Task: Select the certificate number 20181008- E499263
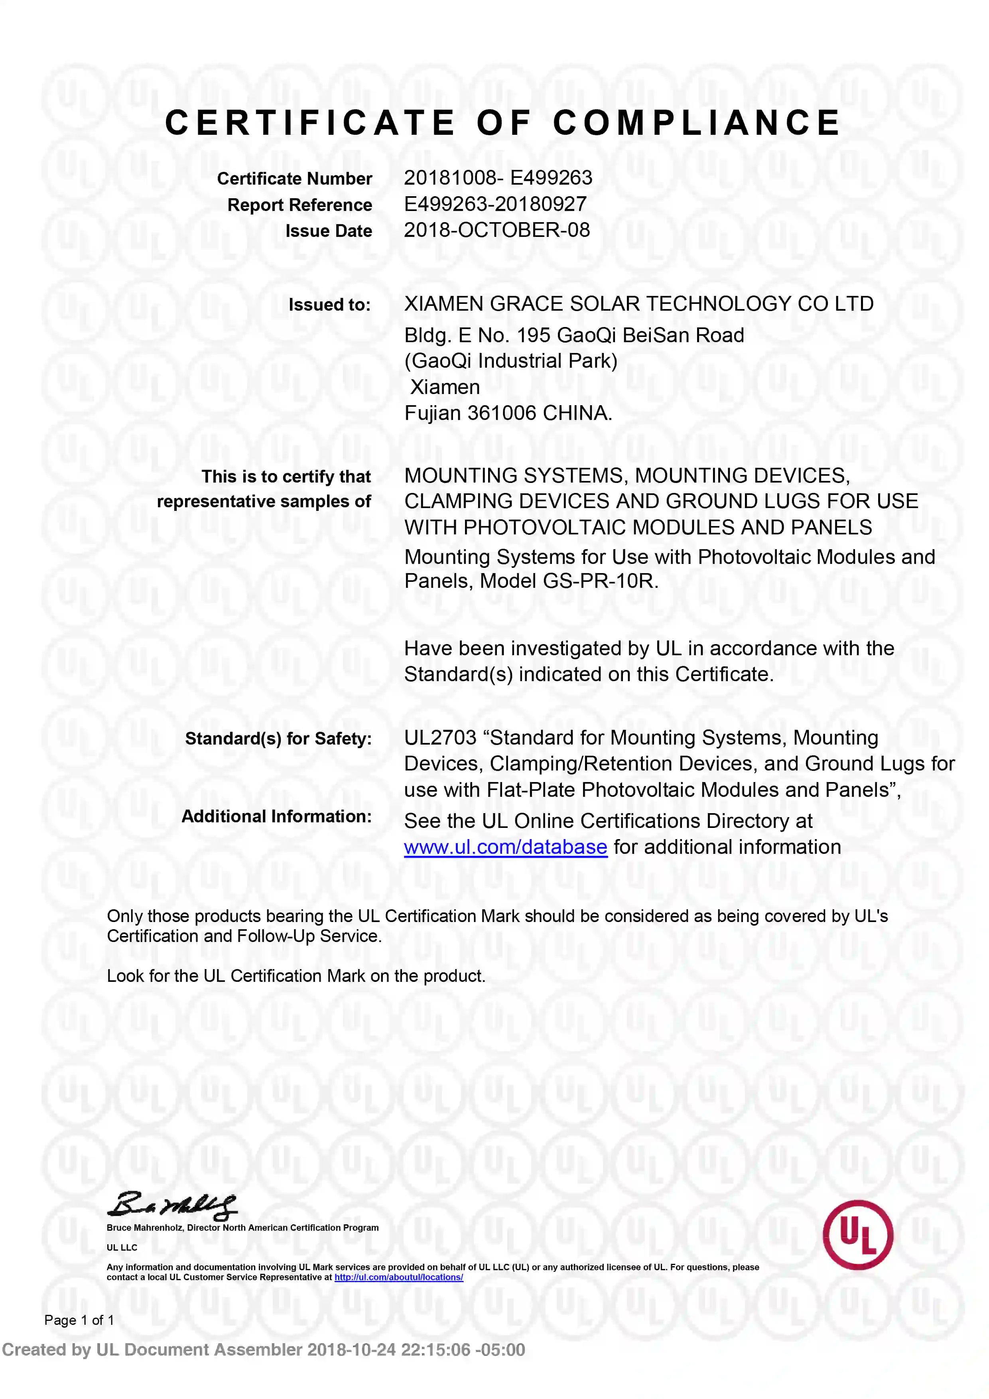(498, 178)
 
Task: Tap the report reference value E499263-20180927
(495, 204)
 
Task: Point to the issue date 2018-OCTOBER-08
(496, 231)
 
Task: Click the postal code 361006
(502, 413)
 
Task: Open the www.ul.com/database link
(505, 847)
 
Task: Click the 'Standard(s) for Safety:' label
(278, 739)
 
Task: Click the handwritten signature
(172, 1205)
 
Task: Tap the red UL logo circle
(857, 1235)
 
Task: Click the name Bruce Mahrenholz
(145, 1228)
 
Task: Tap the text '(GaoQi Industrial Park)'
(510, 361)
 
